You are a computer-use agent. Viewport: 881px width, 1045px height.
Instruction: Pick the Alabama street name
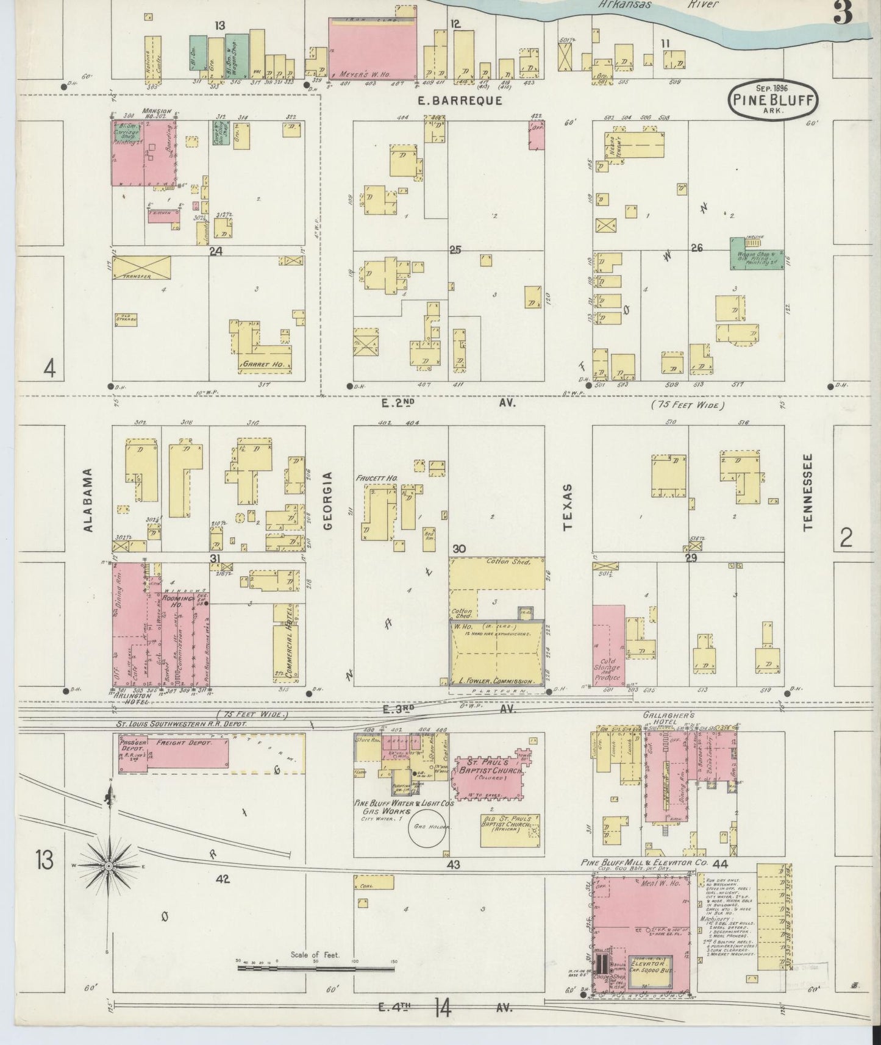tap(88, 500)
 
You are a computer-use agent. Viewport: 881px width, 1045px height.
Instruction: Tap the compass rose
tap(109, 866)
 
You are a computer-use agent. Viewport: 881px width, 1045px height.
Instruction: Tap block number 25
tap(455, 249)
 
